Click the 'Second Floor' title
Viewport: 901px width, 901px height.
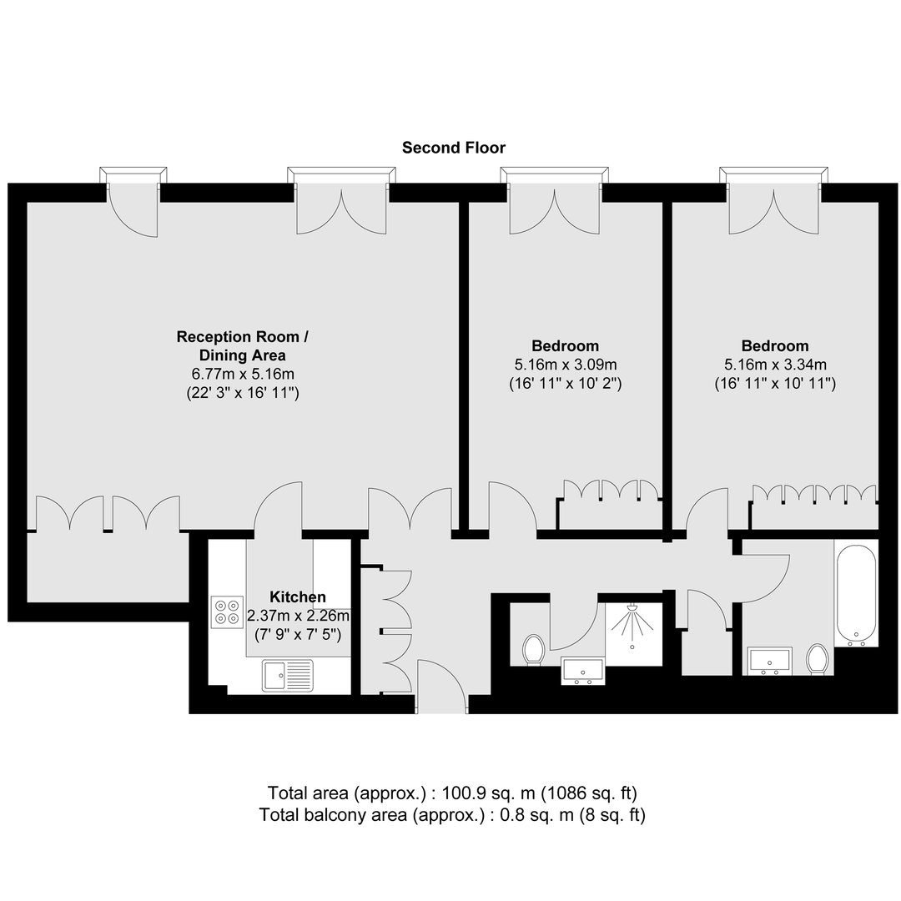tap(453, 148)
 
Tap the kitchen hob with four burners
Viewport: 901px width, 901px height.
tap(227, 612)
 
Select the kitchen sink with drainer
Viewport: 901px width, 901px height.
tap(288, 675)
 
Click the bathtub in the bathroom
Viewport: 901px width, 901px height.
tap(856, 596)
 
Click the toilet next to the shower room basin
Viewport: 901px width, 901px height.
tap(534, 650)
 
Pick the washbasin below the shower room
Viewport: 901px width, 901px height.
tap(582, 671)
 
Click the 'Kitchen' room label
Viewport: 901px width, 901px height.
tap(298, 596)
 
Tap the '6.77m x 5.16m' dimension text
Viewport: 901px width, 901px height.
tap(243, 374)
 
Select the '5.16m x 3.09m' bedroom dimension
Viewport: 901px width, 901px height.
tap(566, 365)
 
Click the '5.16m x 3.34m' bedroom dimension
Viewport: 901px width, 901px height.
tap(775, 365)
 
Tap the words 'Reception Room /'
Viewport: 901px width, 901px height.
tap(243, 337)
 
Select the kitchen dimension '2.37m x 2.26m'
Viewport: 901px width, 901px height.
tap(298, 616)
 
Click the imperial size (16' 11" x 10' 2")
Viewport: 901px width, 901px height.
tap(566, 383)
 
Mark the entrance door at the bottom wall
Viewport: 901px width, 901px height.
tap(442, 687)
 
